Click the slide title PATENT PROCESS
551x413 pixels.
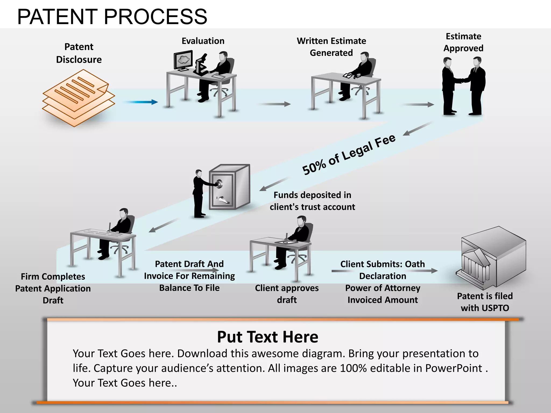coord(112,17)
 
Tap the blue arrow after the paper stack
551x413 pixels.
coord(141,102)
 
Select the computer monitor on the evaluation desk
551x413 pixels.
coord(183,60)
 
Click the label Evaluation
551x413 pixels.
coord(203,41)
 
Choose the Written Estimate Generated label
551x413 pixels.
coord(331,47)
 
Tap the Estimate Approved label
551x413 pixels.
coord(463,42)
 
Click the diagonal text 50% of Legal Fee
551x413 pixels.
coord(349,155)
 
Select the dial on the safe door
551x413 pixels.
coord(219,184)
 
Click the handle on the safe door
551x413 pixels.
coord(223,200)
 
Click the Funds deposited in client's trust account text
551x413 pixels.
coord(312,201)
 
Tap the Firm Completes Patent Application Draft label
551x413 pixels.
coord(53,288)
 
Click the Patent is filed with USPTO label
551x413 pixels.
coord(485,302)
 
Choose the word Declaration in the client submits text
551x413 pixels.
coord(383,276)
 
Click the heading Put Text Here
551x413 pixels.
coord(267,337)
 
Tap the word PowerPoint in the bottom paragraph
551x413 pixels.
coord(454,368)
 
